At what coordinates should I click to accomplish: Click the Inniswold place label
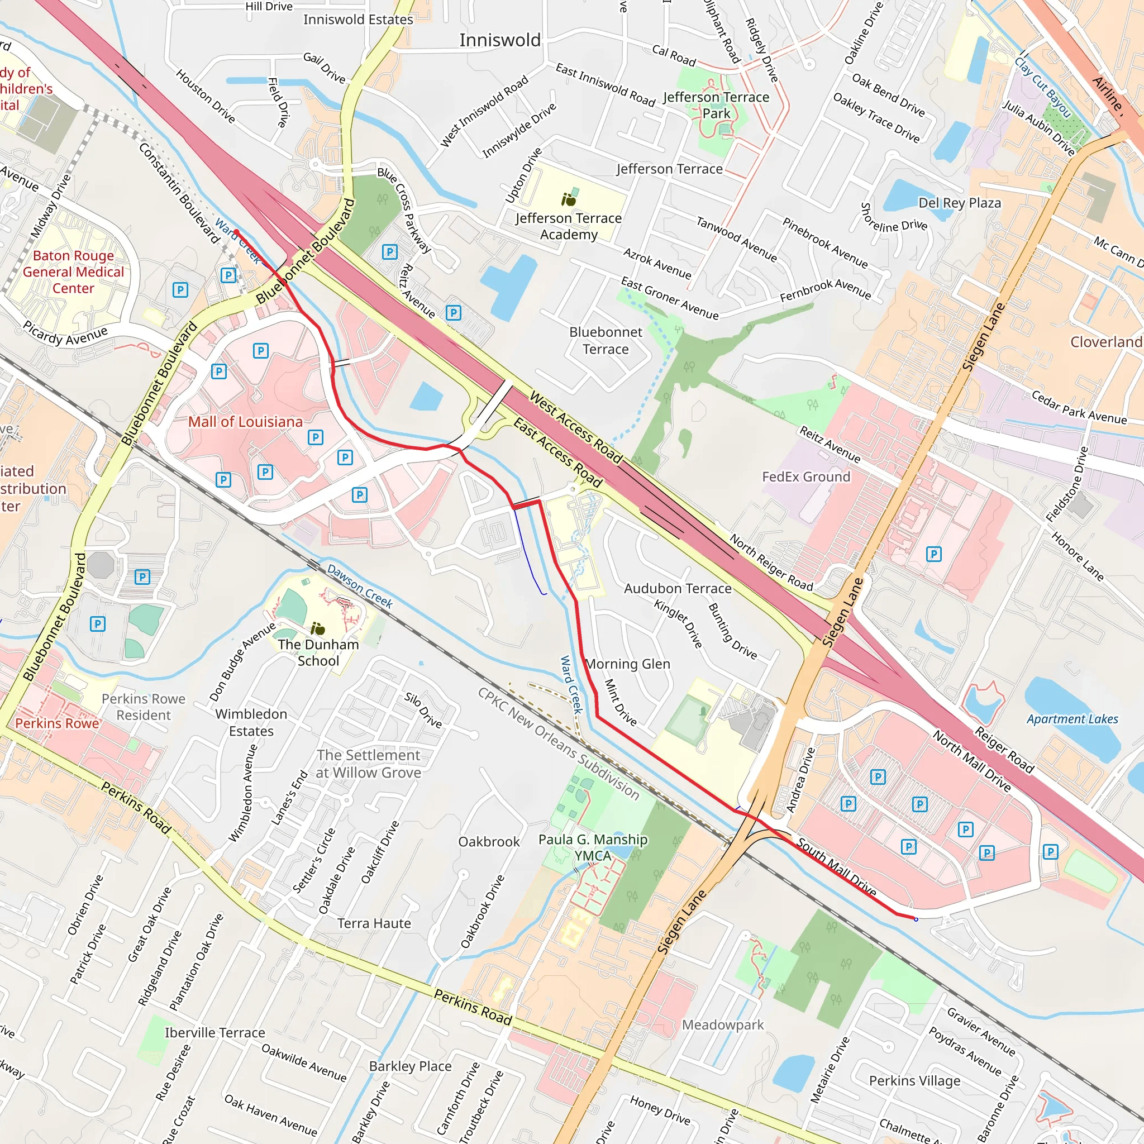pos(500,40)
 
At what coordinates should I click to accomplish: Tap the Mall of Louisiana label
pos(245,422)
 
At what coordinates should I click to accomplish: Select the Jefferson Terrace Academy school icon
pos(569,199)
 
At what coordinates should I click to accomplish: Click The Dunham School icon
pos(318,628)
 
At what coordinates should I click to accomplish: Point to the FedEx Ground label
pos(805,476)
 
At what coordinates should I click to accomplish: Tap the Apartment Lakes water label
pos(1072,719)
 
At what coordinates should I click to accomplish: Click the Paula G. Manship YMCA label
pos(593,847)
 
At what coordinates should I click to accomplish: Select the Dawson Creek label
pos(360,586)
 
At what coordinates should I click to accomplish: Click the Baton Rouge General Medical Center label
pos(73,272)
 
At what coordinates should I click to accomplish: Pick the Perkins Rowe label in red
pos(57,723)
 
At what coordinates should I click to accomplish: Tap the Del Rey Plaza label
pos(959,203)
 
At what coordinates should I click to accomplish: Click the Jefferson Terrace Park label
pos(716,105)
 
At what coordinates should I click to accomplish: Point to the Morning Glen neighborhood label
pos(628,664)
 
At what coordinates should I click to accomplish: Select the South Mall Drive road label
pos(836,867)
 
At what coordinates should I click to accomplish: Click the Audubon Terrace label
pos(678,589)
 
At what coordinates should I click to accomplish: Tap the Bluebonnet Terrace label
pos(605,341)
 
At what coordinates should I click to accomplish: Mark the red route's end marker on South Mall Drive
pos(916,919)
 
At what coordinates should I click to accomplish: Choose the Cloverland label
pos(1105,342)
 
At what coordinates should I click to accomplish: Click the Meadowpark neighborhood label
pos(722,1024)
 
